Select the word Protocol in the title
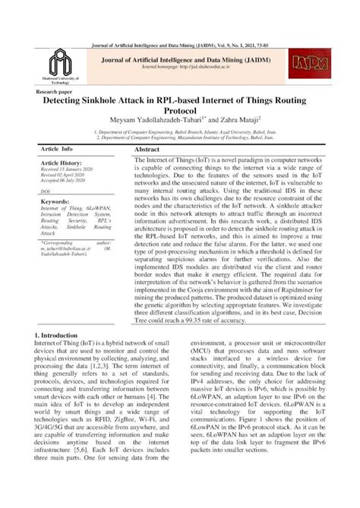click(x=179, y=112)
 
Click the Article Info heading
click(x=57, y=150)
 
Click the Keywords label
click(x=55, y=202)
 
